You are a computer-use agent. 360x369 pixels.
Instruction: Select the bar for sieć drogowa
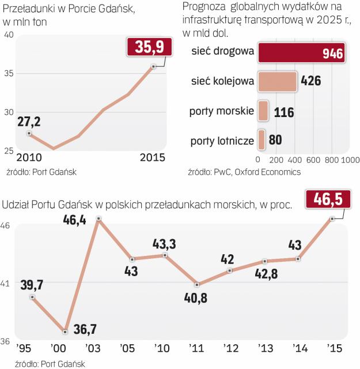301,54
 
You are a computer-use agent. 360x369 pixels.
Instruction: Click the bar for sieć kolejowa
277,81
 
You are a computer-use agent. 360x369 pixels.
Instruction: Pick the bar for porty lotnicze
261,139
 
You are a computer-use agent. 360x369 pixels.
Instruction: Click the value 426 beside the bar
311,81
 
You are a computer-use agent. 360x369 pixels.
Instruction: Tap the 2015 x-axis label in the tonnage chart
152,158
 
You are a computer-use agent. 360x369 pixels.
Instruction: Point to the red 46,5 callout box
324,200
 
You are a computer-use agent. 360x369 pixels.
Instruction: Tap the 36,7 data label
85,329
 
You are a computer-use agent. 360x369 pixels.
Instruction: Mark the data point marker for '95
32,297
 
